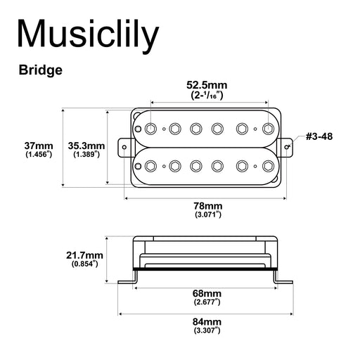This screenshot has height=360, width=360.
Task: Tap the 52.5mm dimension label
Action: [207, 85]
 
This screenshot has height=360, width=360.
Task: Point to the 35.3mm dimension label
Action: [86, 146]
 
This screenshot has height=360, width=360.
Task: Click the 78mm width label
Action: [207, 205]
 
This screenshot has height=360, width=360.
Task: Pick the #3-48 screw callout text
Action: [319, 136]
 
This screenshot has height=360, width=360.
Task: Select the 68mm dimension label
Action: [207, 292]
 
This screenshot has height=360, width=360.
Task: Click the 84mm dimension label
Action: [207, 322]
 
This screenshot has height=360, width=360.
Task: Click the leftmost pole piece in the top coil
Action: [151, 128]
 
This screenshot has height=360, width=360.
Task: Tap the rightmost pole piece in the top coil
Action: [267, 128]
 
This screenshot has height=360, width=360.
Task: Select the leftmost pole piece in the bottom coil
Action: [151, 166]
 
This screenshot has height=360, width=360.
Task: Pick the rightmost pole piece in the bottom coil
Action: [267, 166]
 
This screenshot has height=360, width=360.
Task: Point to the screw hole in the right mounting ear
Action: [288, 147]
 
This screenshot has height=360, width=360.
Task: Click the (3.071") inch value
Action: [207, 214]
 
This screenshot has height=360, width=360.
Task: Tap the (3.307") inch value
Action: [207, 331]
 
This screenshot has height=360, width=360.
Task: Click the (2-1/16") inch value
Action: [207, 95]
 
